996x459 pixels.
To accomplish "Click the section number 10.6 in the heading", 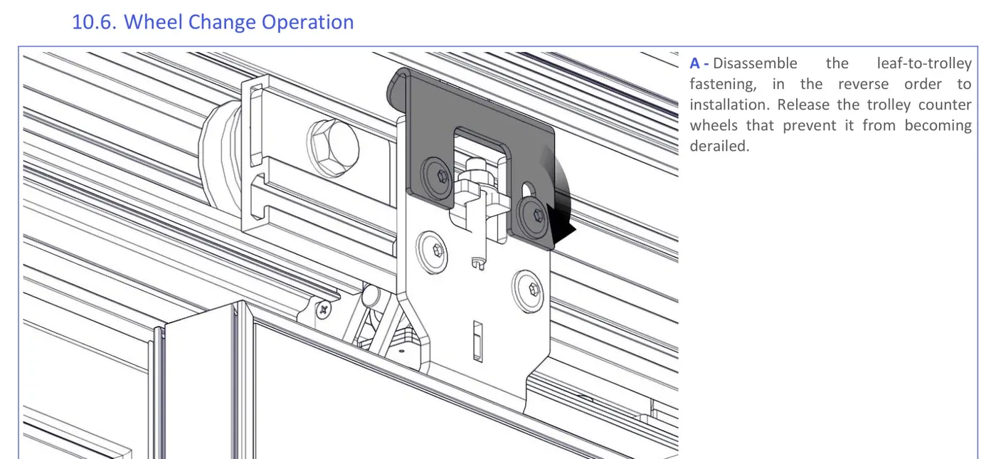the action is coord(94,22).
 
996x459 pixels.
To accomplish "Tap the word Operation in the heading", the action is coord(307,23).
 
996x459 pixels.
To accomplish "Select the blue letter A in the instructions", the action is coord(694,63).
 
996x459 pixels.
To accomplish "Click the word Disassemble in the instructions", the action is coord(755,63).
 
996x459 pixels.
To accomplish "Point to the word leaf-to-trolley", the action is coord(924,63).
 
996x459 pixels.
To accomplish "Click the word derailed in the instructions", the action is coord(719,146).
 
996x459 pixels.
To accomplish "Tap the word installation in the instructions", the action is coord(729,105).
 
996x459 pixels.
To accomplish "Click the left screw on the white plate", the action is coord(433,252).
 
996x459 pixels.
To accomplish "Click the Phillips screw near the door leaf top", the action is coord(323,309).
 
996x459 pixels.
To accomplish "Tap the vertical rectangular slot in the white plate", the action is coord(477,342).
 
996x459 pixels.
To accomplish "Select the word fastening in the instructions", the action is coord(723,85).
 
